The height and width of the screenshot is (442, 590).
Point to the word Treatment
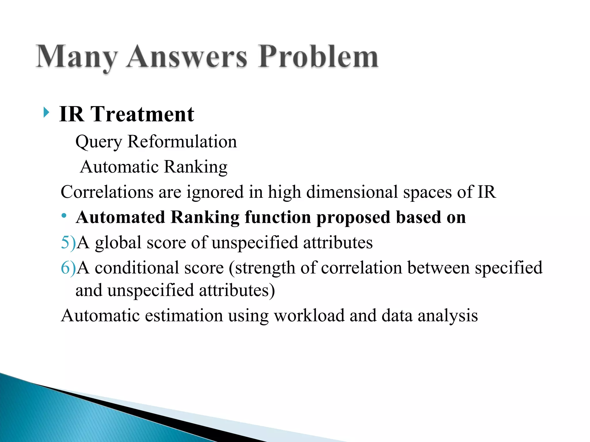142,114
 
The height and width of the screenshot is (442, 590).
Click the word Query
99,142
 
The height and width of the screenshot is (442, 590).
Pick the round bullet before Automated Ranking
64,216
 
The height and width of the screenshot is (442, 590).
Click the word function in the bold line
278,217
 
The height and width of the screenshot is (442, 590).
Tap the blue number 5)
68,243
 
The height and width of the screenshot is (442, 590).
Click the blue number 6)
68,268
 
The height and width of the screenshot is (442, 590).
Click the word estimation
184,315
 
